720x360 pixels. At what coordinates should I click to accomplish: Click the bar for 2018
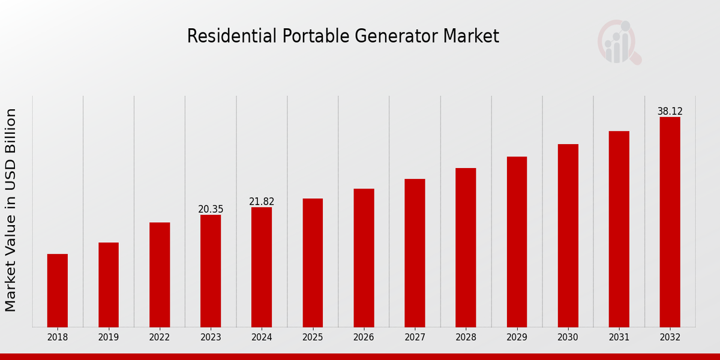(58, 290)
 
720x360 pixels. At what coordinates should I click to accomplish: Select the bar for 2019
(109, 285)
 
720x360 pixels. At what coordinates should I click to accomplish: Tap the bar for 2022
(160, 275)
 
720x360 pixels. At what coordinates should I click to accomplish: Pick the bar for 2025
(313, 263)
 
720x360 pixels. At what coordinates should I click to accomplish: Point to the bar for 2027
(415, 253)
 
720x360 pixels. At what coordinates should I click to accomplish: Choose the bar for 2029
(517, 242)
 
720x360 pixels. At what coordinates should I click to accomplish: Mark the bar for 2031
(619, 229)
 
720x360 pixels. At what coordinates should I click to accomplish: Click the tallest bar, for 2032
(670, 222)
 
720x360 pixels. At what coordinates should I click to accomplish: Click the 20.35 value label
(211, 209)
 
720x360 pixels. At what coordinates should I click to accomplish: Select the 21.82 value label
(262, 202)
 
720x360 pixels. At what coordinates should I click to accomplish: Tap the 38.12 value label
(670, 112)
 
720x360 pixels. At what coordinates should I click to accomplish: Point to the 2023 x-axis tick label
(211, 337)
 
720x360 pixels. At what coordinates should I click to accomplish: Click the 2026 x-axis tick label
(364, 337)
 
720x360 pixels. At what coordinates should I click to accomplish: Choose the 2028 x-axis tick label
(466, 337)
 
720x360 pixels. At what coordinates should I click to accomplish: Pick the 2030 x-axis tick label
(568, 337)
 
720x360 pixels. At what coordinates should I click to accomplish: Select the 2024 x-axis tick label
(262, 337)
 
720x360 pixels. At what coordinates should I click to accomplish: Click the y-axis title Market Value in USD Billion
(11, 210)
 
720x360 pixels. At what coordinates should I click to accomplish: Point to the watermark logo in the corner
(619, 42)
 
